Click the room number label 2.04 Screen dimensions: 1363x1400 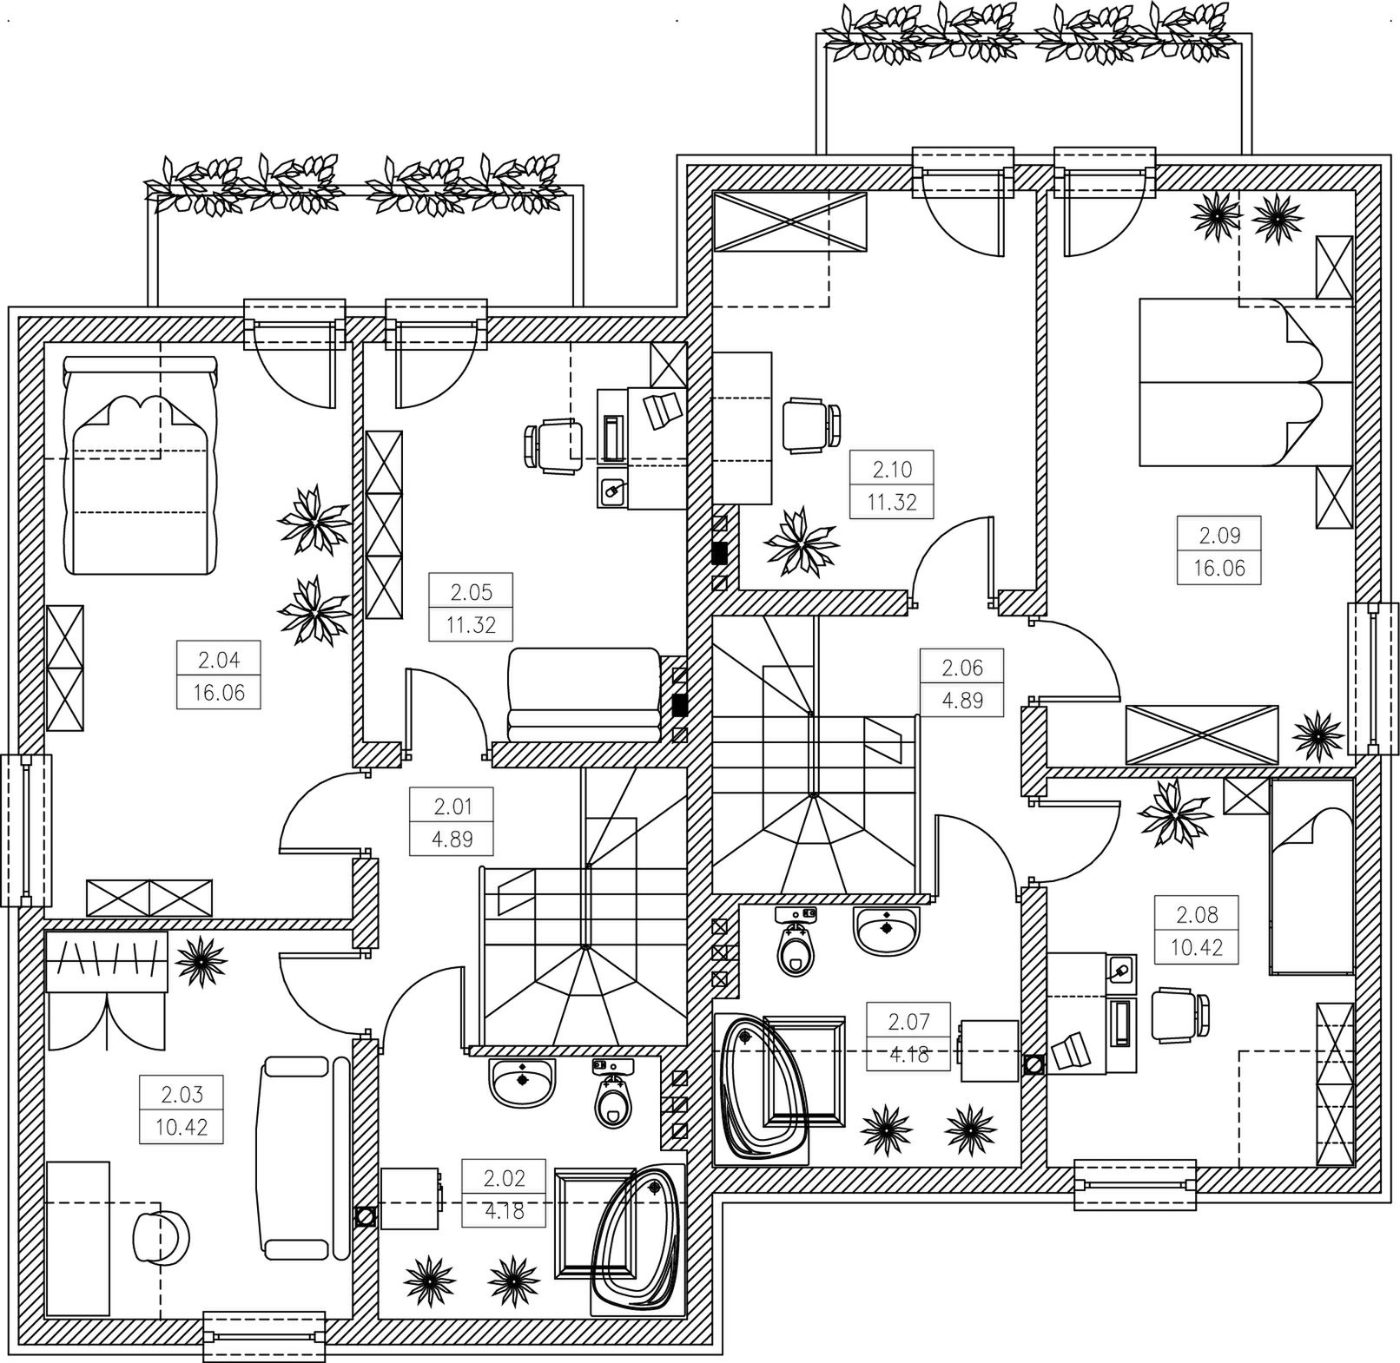pos(218,660)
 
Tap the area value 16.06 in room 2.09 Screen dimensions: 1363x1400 pos(1219,568)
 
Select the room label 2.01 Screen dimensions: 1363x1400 pos(452,807)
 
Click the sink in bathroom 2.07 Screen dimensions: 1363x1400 pos(885,930)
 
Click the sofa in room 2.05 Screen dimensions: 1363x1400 pos(584,695)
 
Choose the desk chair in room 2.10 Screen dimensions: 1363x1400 pos(811,425)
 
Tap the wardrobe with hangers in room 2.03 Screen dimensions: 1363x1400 pos(106,962)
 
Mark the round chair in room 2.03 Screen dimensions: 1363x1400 pos(161,1236)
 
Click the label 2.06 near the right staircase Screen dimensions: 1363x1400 pos(962,668)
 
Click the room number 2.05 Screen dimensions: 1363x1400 pos(471,592)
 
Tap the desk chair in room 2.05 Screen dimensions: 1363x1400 pos(552,444)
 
